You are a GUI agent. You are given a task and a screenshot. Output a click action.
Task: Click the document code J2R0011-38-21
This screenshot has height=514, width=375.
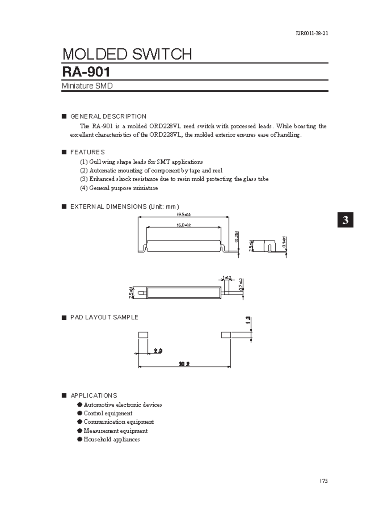(312, 34)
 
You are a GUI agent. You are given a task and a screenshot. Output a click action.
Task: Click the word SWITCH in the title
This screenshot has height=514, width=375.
(162, 54)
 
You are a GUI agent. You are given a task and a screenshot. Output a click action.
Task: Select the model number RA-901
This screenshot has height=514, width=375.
(86, 72)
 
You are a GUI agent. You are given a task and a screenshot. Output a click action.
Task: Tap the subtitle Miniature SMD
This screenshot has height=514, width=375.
(87, 86)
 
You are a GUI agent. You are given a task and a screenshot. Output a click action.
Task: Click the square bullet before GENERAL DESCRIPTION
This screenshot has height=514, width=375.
(64, 117)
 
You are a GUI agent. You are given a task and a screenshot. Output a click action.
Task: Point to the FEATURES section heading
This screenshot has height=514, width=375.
(87, 152)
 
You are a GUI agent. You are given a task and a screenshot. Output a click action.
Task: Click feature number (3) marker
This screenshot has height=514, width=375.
(84, 179)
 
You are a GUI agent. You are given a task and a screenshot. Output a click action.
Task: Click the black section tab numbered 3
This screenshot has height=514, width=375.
(345, 220)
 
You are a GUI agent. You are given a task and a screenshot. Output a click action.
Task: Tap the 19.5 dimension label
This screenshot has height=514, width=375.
(183, 215)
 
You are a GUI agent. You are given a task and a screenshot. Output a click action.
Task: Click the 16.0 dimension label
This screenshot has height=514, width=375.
(183, 225)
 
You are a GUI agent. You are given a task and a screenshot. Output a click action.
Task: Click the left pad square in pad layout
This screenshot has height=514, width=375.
(143, 335)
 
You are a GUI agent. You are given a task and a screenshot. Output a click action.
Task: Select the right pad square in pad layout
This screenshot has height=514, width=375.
(226, 335)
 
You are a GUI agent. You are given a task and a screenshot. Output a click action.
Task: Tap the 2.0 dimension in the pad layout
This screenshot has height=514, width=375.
(158, 351)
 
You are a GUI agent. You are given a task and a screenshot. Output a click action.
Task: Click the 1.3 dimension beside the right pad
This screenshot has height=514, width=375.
(248, 321)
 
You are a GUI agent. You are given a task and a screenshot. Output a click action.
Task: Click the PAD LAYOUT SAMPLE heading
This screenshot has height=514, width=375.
(104, 317)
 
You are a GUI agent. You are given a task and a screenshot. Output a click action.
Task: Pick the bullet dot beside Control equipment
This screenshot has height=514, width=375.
(80, 413)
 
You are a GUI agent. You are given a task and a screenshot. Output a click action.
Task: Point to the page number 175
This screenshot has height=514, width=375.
(323, 481)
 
